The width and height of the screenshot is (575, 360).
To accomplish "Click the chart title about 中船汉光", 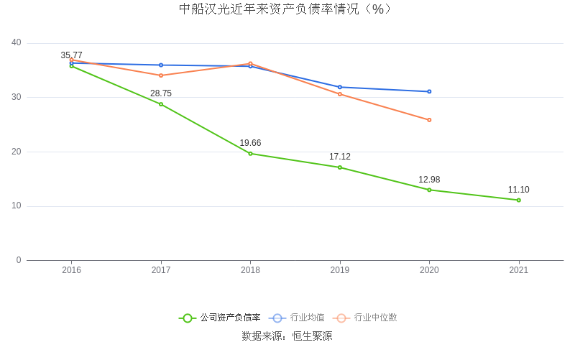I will [287, 9].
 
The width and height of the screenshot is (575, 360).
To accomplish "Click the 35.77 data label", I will [71, 55].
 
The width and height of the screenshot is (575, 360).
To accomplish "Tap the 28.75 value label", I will [161, 93].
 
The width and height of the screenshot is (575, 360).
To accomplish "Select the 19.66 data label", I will [250, 143].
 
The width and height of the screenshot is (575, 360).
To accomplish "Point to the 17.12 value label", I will [340, 157].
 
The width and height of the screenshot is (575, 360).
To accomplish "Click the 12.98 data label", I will [429, 180].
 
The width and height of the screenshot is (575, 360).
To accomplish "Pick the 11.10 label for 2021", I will [518, 190].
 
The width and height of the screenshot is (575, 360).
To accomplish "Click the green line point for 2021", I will [518, 200].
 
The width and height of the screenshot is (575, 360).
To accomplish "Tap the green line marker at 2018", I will [250, 154].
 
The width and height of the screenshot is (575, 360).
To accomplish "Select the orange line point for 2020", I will [429, 120].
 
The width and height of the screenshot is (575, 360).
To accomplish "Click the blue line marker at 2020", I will [429, 91].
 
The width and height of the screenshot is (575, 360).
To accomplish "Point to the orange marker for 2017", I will [161, 75].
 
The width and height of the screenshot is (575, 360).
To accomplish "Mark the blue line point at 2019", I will [340, 87].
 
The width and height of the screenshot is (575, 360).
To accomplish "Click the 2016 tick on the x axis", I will [71, 270].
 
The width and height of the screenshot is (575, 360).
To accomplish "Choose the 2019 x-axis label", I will [340, 270].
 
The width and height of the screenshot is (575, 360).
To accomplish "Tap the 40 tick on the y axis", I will [17, 43].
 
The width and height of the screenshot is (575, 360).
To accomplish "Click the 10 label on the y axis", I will [17, 206].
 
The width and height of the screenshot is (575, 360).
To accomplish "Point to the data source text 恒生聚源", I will [312, 336].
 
